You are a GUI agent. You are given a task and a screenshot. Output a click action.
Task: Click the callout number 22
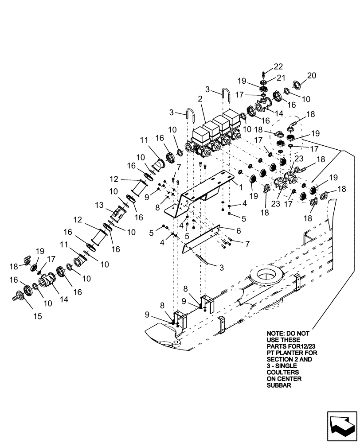click(x=278, y=66)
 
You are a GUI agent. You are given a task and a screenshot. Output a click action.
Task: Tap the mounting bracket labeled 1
click(x=200, y=195)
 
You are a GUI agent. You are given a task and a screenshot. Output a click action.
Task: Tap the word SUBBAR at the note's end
click(x=278, y=386)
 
